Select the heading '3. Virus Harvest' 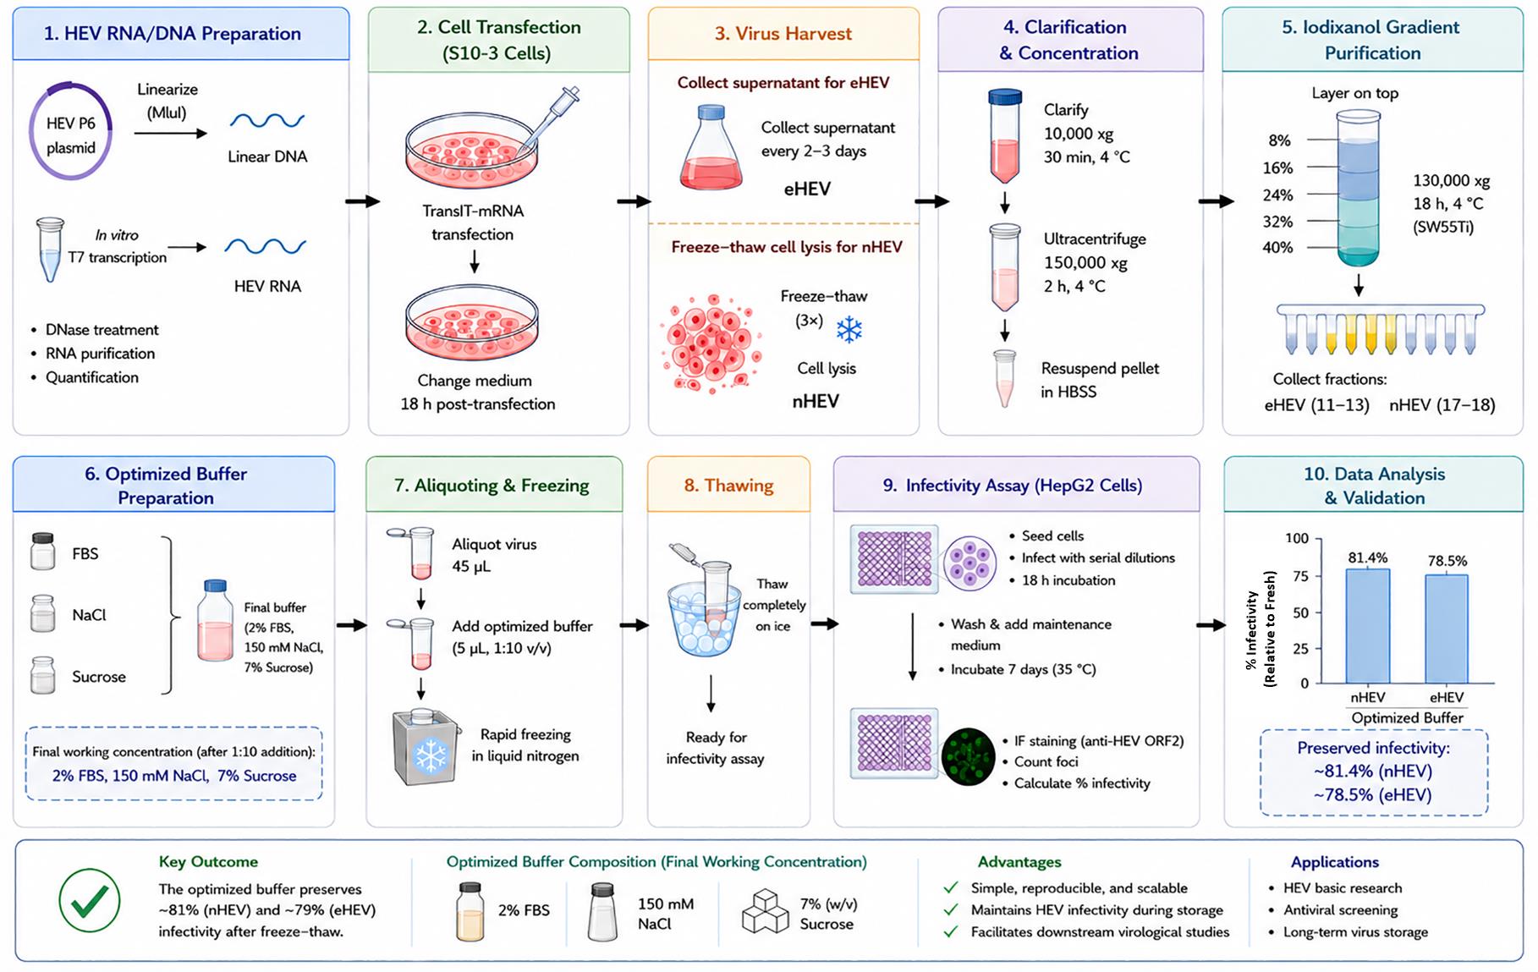tap(783, 34)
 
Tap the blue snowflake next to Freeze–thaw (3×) tap(849, 329)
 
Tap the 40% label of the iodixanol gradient tap(1277, 248)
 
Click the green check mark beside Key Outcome tap(89, 900)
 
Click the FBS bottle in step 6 tap(43, 552)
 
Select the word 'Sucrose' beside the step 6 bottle tap(99, 677)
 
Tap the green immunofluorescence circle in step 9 tap(968, 756)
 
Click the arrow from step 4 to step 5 tap(1217, 201)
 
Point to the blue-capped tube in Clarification tap(1004, 135)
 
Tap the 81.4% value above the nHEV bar tap(1367, 557)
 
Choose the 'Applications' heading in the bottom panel tap(1334, 862)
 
